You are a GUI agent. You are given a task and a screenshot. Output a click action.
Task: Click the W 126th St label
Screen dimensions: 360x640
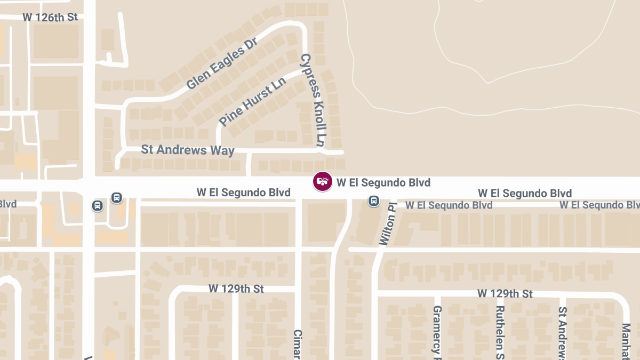click(x=50, y=17)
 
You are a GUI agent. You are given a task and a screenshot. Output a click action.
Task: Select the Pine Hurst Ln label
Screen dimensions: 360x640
click(x=252, y=102)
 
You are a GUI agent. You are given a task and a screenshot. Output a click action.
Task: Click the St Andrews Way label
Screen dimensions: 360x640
click(x=187, y=149)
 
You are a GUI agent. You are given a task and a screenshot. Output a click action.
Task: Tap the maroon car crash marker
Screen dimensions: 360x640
click(x=322, y=181)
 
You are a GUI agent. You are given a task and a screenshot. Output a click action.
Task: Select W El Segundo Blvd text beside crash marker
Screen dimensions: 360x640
click(x=383, y=183)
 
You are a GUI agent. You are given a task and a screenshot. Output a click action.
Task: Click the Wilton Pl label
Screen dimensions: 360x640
click(x=388, y=224)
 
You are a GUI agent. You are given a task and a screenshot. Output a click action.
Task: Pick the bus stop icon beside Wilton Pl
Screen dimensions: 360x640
click(x=374, y=201)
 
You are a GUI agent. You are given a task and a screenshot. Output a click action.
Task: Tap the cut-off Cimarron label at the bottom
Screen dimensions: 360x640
click(x=298, y=344)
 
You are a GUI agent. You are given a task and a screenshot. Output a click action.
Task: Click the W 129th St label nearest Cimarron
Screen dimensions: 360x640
click(x=236, y=289)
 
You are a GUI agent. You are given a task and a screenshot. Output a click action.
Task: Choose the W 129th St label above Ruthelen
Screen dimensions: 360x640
click(x=505, y=293)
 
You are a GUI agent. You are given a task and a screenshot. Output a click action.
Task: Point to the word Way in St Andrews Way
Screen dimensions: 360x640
click(x=223, y=151)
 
